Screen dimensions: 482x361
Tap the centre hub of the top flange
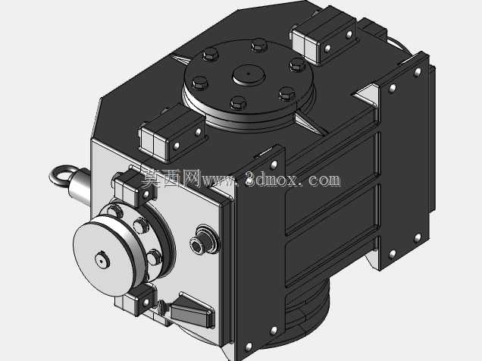(x=249, y=75)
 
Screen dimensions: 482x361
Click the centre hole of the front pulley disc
(x=101, y=261)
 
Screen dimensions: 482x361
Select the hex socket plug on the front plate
(x=197, y=246)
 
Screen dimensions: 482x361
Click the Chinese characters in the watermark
(x=171, y=178)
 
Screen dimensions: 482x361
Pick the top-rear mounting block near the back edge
(x=324, y=36)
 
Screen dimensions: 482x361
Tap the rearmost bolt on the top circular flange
(x=259, y=46)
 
